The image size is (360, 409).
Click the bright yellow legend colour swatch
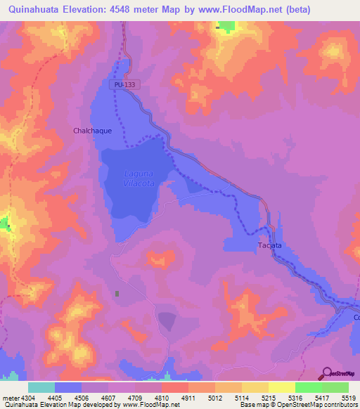point(281,387)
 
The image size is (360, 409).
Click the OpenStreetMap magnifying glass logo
point(326,373)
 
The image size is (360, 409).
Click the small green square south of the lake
point(117,293)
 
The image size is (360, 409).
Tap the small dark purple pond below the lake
point(167,321)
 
